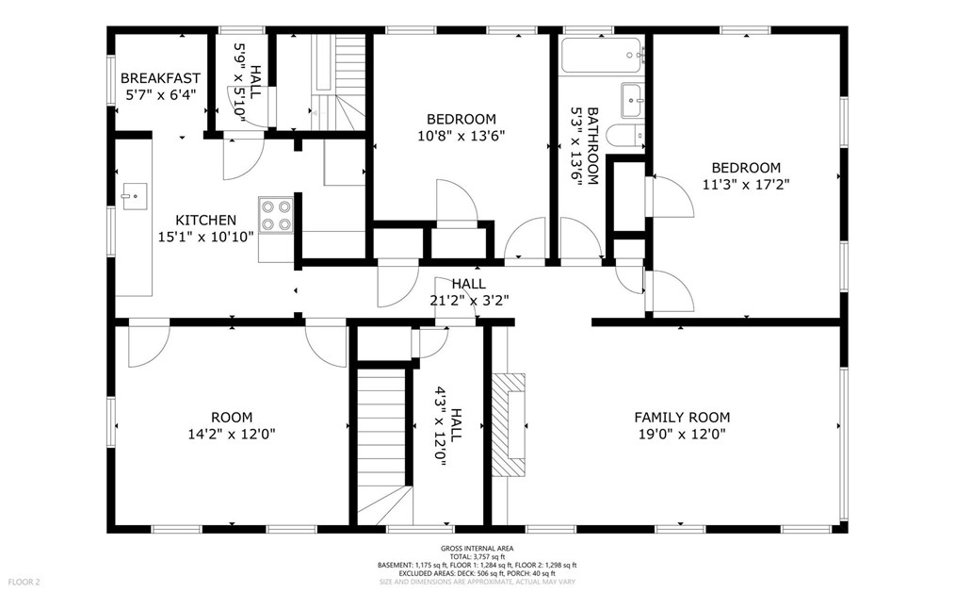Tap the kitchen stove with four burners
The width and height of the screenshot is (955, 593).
pyautogui.click(x=275, y=215)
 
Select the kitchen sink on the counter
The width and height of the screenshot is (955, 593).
pyautogui.click(x=133, y=198)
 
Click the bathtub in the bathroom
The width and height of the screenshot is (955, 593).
pyautogui.click(x=603, y=56)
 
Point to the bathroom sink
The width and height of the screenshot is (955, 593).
pyautogui.click(x=631, y=96)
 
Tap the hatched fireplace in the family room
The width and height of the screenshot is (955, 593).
pyautogui.click(x=510, y=426)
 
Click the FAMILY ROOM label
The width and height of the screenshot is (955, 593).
pyautogui.click(x=681, y=417)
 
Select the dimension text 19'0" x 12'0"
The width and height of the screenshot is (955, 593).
pyautogui.click(x=681, y=435)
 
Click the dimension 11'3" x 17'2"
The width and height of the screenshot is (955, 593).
pyautogui.click(x=745, y=185)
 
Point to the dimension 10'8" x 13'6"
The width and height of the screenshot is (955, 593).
pyautogui.click(x=461, y=136)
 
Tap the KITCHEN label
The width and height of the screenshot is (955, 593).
pyautogui.click(x=205, y=220)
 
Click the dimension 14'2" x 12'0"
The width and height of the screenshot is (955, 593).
pyautogui.click(x=231, y=435)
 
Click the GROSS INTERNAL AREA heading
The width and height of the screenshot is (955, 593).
pyautogui.click(x=477, y=549)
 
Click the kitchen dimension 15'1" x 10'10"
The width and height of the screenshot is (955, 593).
pyautogui.click(x=205, y=237)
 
